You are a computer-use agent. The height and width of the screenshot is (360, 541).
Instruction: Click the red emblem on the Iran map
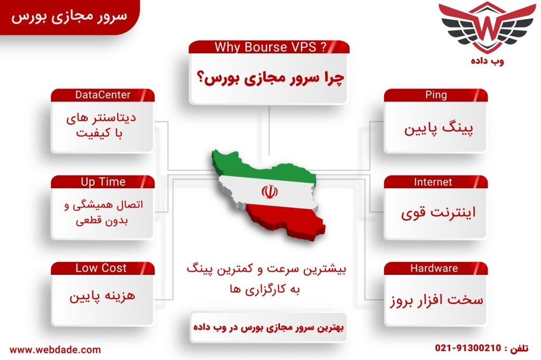269,191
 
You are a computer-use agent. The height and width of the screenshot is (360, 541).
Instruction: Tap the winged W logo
487,27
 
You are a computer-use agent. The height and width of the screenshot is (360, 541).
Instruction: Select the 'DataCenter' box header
102,95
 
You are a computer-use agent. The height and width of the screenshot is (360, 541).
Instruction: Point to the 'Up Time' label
102,182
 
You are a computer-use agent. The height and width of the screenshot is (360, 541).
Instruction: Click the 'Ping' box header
436,95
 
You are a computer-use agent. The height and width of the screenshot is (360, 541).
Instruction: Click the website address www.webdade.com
55,349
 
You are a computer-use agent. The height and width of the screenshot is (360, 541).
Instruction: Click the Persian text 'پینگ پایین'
439,129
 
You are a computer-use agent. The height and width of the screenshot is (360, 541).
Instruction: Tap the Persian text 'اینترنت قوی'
438,213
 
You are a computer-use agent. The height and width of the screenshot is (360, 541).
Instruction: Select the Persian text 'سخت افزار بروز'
436,300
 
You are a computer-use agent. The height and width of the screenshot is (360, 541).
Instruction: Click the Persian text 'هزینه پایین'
102,296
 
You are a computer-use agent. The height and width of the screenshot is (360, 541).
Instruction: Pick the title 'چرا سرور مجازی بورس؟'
270,78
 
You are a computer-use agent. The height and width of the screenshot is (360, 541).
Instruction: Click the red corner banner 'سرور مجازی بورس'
69,16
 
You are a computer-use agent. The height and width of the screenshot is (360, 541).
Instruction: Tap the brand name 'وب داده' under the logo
487,61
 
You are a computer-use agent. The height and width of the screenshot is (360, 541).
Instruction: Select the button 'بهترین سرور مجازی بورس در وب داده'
268,327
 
